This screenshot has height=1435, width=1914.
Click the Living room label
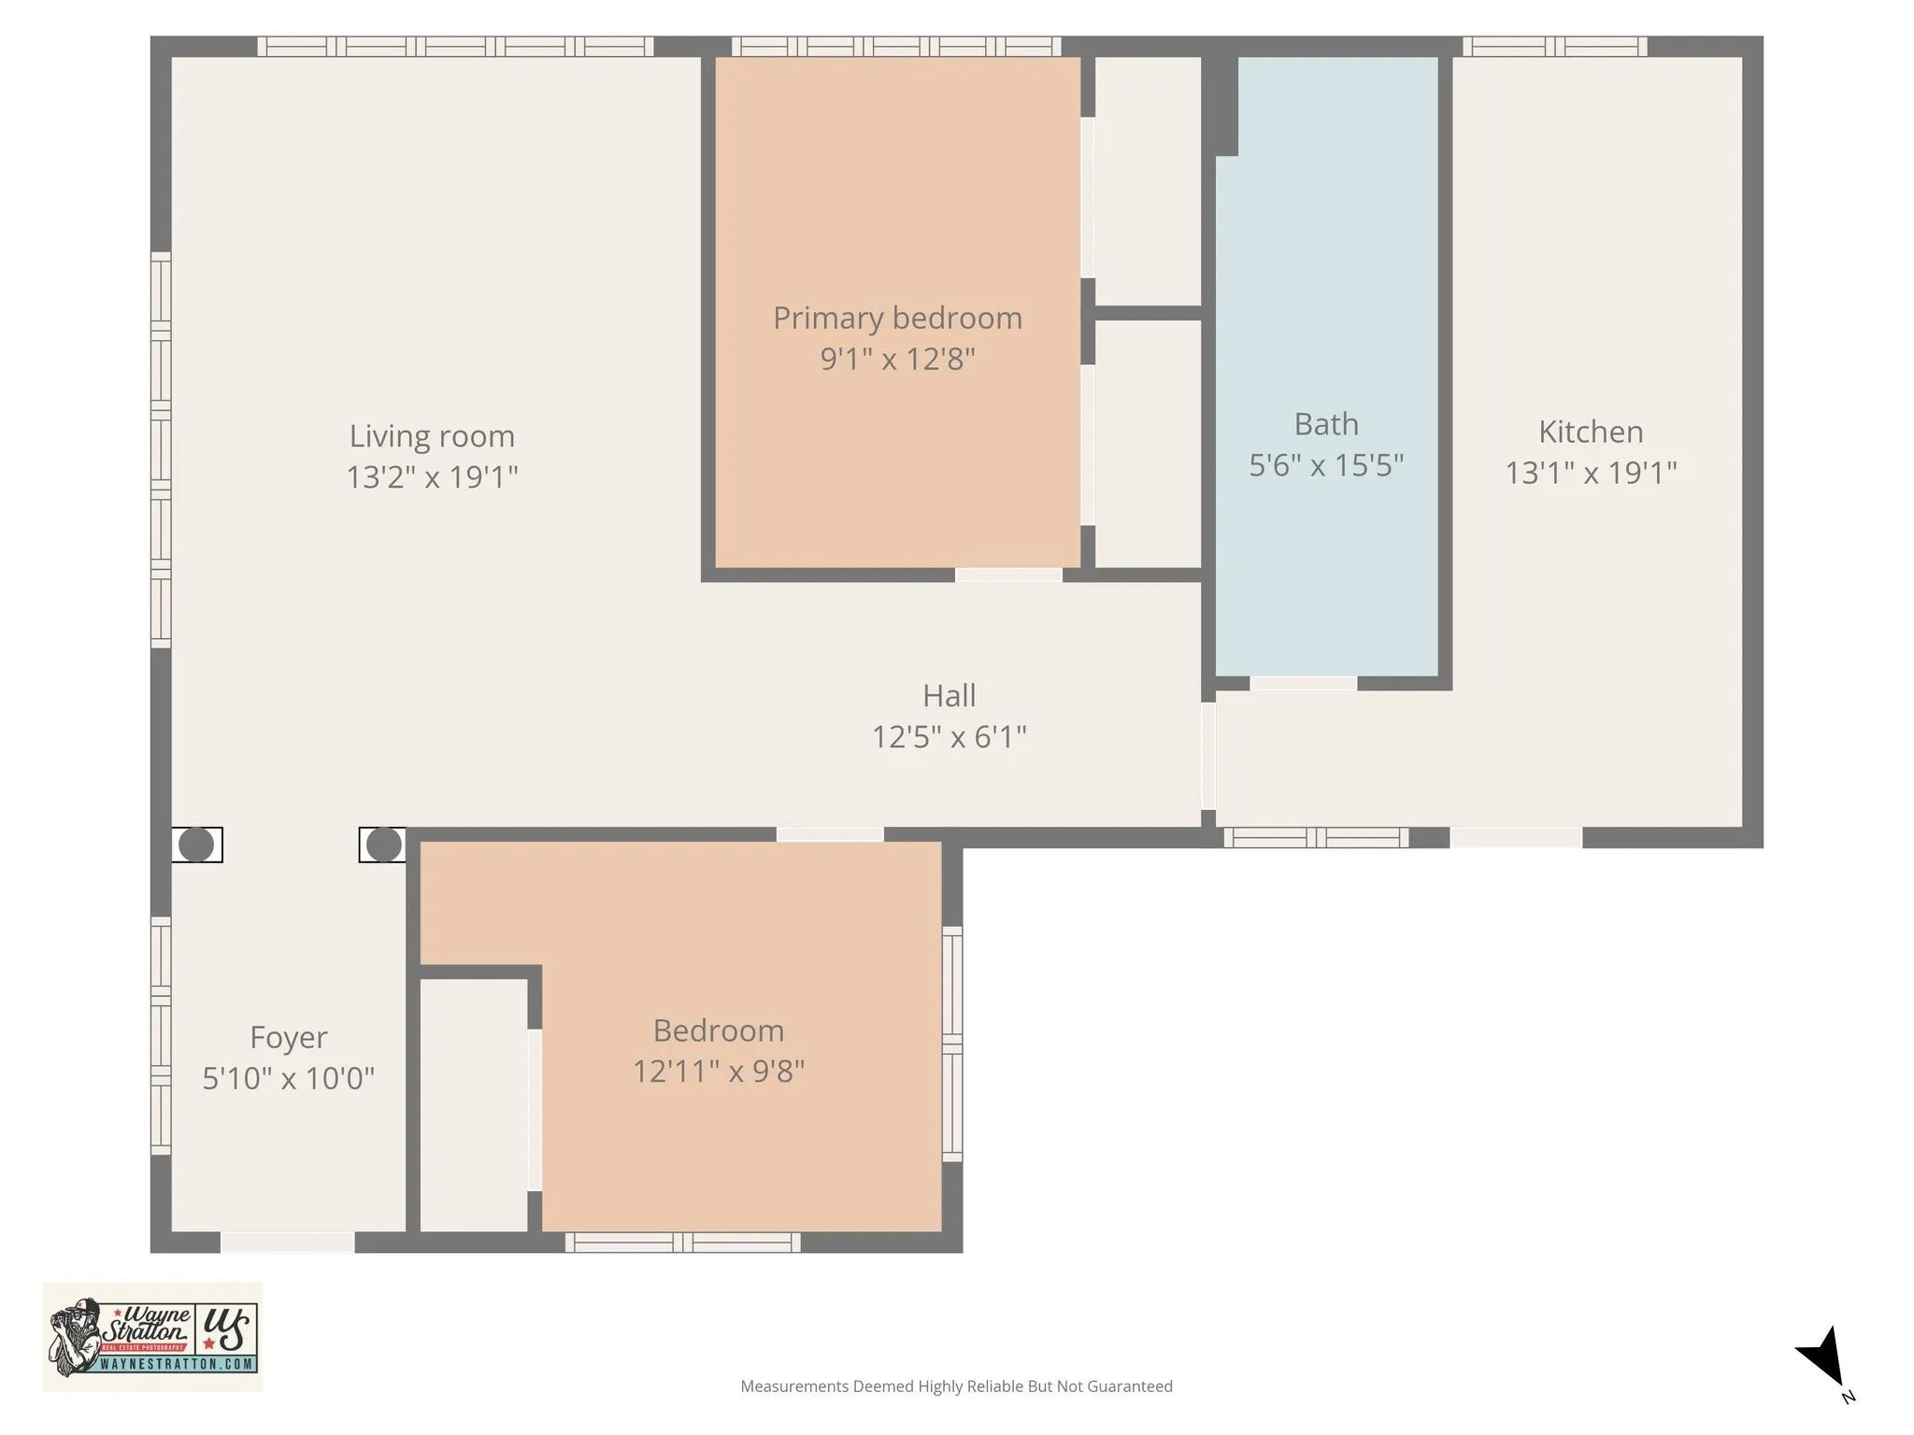tap(432, 436)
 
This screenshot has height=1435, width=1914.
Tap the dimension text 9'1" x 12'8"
tap(897, 359)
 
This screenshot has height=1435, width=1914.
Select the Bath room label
tap(1326, 424)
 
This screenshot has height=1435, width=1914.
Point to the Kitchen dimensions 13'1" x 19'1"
tap(1591, 473)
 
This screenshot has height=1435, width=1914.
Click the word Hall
tap(949, 696)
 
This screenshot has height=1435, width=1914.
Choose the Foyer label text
tap(288, 1037)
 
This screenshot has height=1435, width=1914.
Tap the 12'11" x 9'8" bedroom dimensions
tap(718, 1071)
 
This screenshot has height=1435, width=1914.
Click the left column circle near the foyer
tap(196, 845)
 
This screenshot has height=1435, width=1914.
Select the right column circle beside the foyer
tap(383, 845)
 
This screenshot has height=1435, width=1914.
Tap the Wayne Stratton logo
tap(152, 1337)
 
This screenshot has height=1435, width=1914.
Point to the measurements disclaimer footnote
tap(956, 1386)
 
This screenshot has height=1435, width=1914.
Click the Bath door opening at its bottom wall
tap(1303, 684)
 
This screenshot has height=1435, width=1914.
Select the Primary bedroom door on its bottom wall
tap(1008, 575)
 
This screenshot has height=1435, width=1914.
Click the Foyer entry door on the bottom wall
tap(287, 1242)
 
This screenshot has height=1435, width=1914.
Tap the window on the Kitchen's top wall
tap(1554, 47)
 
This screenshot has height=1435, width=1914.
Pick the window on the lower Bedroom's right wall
tap(951, 1044)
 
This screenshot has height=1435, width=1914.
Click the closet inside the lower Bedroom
tap(474, 1104)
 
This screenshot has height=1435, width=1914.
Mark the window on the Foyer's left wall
tap(161, 1035)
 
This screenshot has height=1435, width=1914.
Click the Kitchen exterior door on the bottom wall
tap(1515, 837)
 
